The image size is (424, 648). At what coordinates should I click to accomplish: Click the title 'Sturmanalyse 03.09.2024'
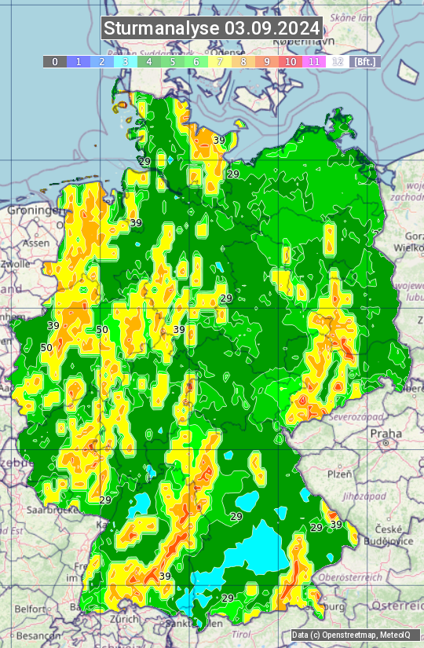coord(212,28)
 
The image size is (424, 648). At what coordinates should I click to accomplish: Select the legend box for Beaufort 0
coord(54,61)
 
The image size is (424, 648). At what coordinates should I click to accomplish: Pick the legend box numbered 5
coord(172,61)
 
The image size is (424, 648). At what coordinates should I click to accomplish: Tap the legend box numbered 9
coord(267,61)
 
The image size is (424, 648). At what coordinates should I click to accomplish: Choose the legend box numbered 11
coord(314,61)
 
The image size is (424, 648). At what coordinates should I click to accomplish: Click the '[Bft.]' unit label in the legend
coord(364,61)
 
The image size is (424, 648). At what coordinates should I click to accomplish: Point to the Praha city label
coord(386,433)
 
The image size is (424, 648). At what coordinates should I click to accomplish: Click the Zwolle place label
coord(15,265)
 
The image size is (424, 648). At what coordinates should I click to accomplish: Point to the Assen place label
coord(36,243)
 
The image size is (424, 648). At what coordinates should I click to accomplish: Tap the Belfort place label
coord(32,608)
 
